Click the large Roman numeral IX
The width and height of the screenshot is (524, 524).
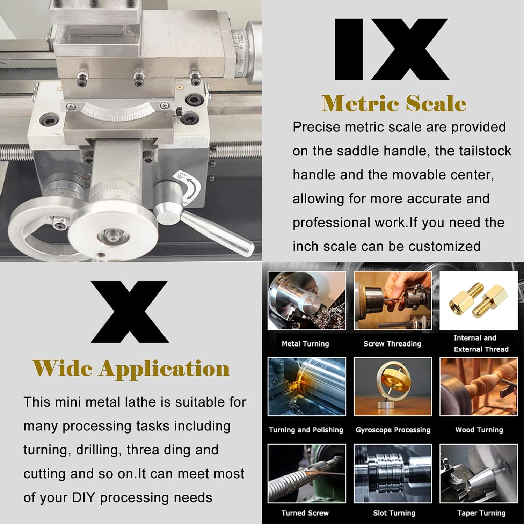tap(391, 49)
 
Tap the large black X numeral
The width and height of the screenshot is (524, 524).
tap(130, 312)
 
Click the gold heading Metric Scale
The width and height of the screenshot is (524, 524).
tap(394, 104)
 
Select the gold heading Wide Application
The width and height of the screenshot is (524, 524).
tap(131, 369)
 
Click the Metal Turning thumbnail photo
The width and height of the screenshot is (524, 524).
tap(306, 301)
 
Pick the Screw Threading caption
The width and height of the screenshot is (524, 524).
tap(392, 344)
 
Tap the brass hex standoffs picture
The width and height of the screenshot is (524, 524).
tap(478, 300)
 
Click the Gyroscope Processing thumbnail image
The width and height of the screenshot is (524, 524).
tap(393, 387)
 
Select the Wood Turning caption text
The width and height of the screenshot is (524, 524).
tap(479, 430)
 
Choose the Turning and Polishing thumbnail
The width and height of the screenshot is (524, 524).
tap(306, 387)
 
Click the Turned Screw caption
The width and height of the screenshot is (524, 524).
tap(305, 513)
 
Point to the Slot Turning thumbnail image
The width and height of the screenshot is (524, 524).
tap(393, 473)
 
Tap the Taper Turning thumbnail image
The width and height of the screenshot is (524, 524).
tap(478, 473)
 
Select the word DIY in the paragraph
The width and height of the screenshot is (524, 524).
tap(83, 497)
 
